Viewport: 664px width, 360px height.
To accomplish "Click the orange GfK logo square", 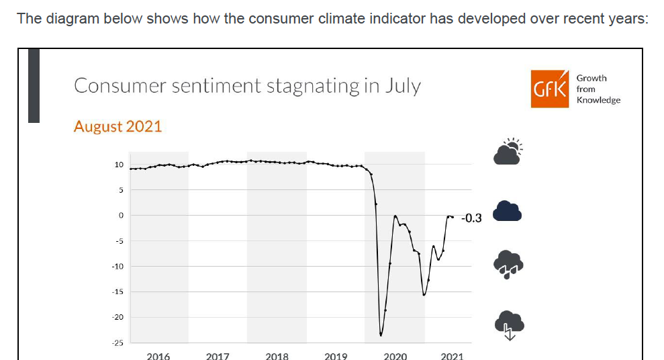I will click(x=551, y=89).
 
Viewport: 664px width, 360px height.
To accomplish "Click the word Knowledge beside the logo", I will click(x=598, y=100).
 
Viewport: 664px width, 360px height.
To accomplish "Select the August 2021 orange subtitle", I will click(x=117, y=126).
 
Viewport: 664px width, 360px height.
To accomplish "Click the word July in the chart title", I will click(x=402, y=87).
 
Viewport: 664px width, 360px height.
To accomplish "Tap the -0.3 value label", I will click(x=471, y=218).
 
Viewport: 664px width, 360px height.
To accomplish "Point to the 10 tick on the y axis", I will click(x=118, y=165).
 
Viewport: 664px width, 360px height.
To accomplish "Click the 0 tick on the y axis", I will click(x=120, y=216).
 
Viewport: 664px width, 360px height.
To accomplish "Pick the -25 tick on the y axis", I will click(x=117, y=343).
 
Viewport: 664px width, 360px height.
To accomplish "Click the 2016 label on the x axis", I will click(x=158, y=356).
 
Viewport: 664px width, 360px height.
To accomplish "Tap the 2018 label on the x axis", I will click(x=277, y=356).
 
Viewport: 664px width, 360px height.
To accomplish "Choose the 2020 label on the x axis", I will click(x=395, y=356).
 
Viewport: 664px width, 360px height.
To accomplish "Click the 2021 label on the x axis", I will click(x=453, y=356).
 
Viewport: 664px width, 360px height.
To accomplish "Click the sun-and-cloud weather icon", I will click(x=508, y=152).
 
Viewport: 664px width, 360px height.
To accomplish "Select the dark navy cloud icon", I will click(x=508, y=212).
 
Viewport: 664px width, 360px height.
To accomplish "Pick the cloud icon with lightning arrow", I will click(x=509, y=324).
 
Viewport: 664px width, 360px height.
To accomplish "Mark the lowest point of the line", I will click(x=381, y=334).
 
